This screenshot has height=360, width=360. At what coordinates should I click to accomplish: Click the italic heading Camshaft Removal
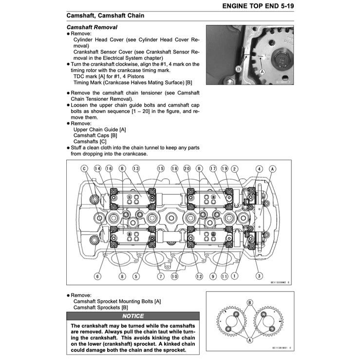pos(92,27)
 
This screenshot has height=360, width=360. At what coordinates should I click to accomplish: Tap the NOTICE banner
pos(133,316)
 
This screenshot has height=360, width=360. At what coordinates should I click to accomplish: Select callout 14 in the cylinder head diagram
pos(97,169)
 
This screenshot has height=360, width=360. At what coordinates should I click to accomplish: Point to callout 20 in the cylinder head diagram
pos(187,169)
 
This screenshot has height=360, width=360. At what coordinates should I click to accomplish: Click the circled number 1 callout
pos(235,276)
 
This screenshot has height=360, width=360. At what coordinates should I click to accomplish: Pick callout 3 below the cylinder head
pos(260,276)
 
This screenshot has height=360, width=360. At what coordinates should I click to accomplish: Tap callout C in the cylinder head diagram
pos(84,169)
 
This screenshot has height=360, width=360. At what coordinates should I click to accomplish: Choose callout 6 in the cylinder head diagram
pos(97,276)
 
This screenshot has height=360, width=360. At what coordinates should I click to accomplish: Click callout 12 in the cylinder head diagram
pos(199,276)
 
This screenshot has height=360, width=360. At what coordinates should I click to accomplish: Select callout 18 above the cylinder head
pos(174,169)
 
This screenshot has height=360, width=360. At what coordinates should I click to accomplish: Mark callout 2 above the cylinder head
pos(235,169)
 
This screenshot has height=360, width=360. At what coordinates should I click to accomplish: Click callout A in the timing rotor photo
pos(263,71)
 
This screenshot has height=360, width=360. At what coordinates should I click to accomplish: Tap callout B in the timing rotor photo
pos(239,69)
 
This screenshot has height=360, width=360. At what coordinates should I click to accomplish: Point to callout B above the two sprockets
pos(249,302)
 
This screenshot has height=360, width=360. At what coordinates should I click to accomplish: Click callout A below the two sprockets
pos(249,341)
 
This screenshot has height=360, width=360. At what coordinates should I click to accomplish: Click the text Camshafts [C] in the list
pos(90,141)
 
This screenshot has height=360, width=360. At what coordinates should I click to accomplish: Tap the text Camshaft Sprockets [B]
pos(101,307)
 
